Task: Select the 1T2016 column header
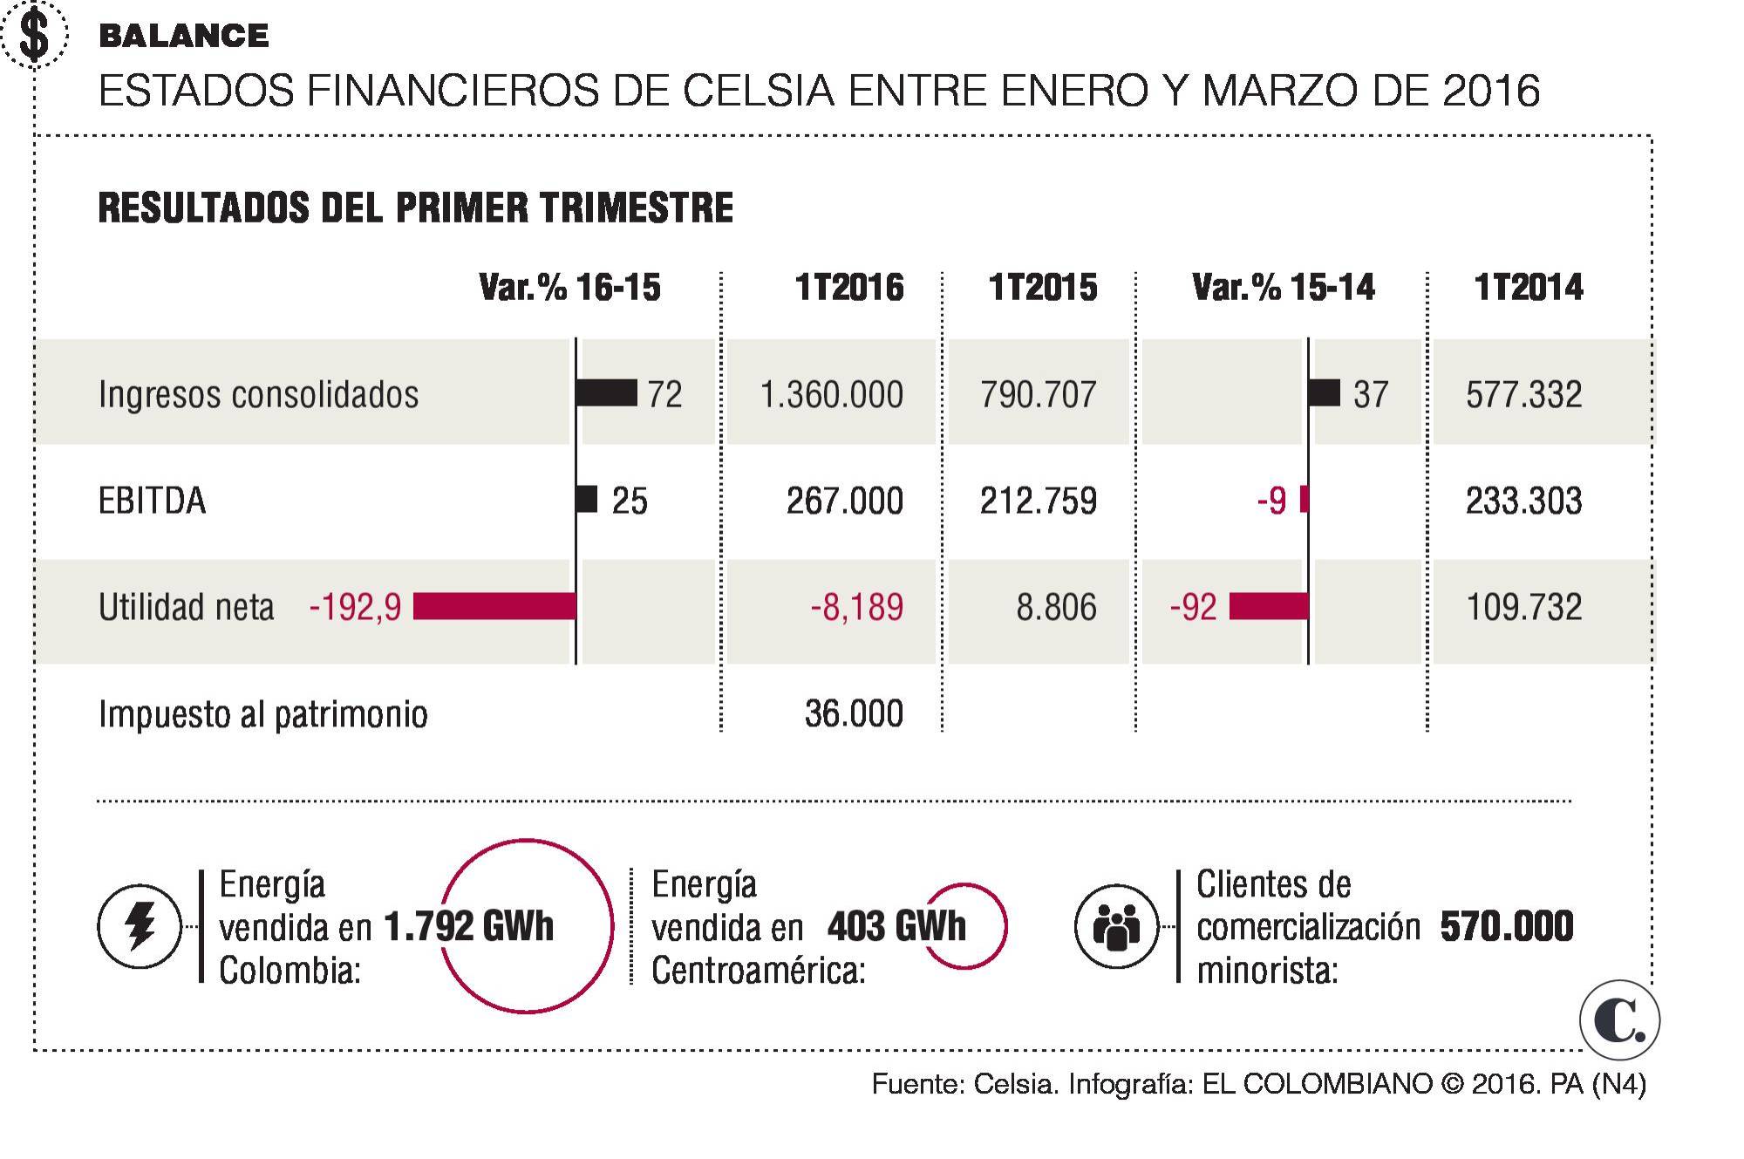coord(848,288)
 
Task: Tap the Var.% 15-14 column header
coord(1283,288)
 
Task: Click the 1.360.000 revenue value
coord(831,394)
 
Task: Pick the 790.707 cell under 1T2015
coord(1038,394)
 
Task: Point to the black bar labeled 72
coord(606,393)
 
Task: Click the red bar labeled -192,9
coord(494,606)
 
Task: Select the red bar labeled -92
coord(1269,606)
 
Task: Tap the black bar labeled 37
coord(1325,393)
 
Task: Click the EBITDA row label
coord(153,501)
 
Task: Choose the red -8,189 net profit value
coord(856,607)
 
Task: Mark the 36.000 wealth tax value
coord(854,714)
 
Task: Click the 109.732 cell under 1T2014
coord(1523,607)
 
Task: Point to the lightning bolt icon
coord(140,926)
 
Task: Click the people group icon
coord(1115,926)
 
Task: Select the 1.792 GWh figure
coord(468,926)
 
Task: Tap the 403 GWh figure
coord(896,926)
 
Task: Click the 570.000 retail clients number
coord(1506,926)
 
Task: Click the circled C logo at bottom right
coord(1619,1020)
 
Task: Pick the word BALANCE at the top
coord(184,36)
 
